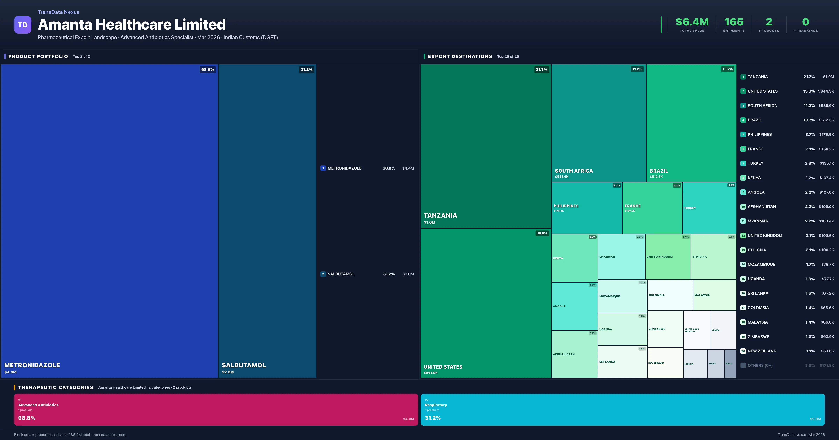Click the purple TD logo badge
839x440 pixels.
23,25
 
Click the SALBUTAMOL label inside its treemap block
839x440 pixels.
244,365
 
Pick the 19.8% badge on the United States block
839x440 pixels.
542,233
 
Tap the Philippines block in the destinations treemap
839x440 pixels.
587,208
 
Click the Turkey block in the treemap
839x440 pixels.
709,208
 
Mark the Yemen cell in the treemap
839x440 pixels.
723,330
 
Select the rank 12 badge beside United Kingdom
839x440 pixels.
743,236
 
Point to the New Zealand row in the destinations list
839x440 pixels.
762,351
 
